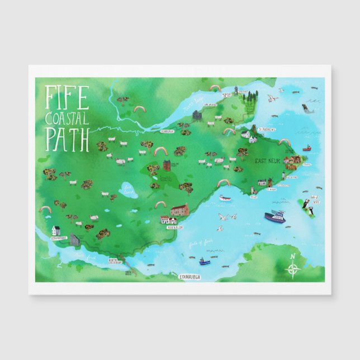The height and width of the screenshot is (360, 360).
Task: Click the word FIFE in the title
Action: pos(65,97)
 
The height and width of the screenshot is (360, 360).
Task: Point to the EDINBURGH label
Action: pos(190,276)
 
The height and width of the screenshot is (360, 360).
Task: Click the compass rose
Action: pos(293,267)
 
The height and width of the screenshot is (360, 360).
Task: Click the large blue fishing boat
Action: pos(276,216)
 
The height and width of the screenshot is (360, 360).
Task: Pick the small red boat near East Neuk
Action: pos(306,149)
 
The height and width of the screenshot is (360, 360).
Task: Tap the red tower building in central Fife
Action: pos(167,166)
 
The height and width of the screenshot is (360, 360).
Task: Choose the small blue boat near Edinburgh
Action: pos(204,261)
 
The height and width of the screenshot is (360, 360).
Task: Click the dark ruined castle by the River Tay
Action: pos(197,116)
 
